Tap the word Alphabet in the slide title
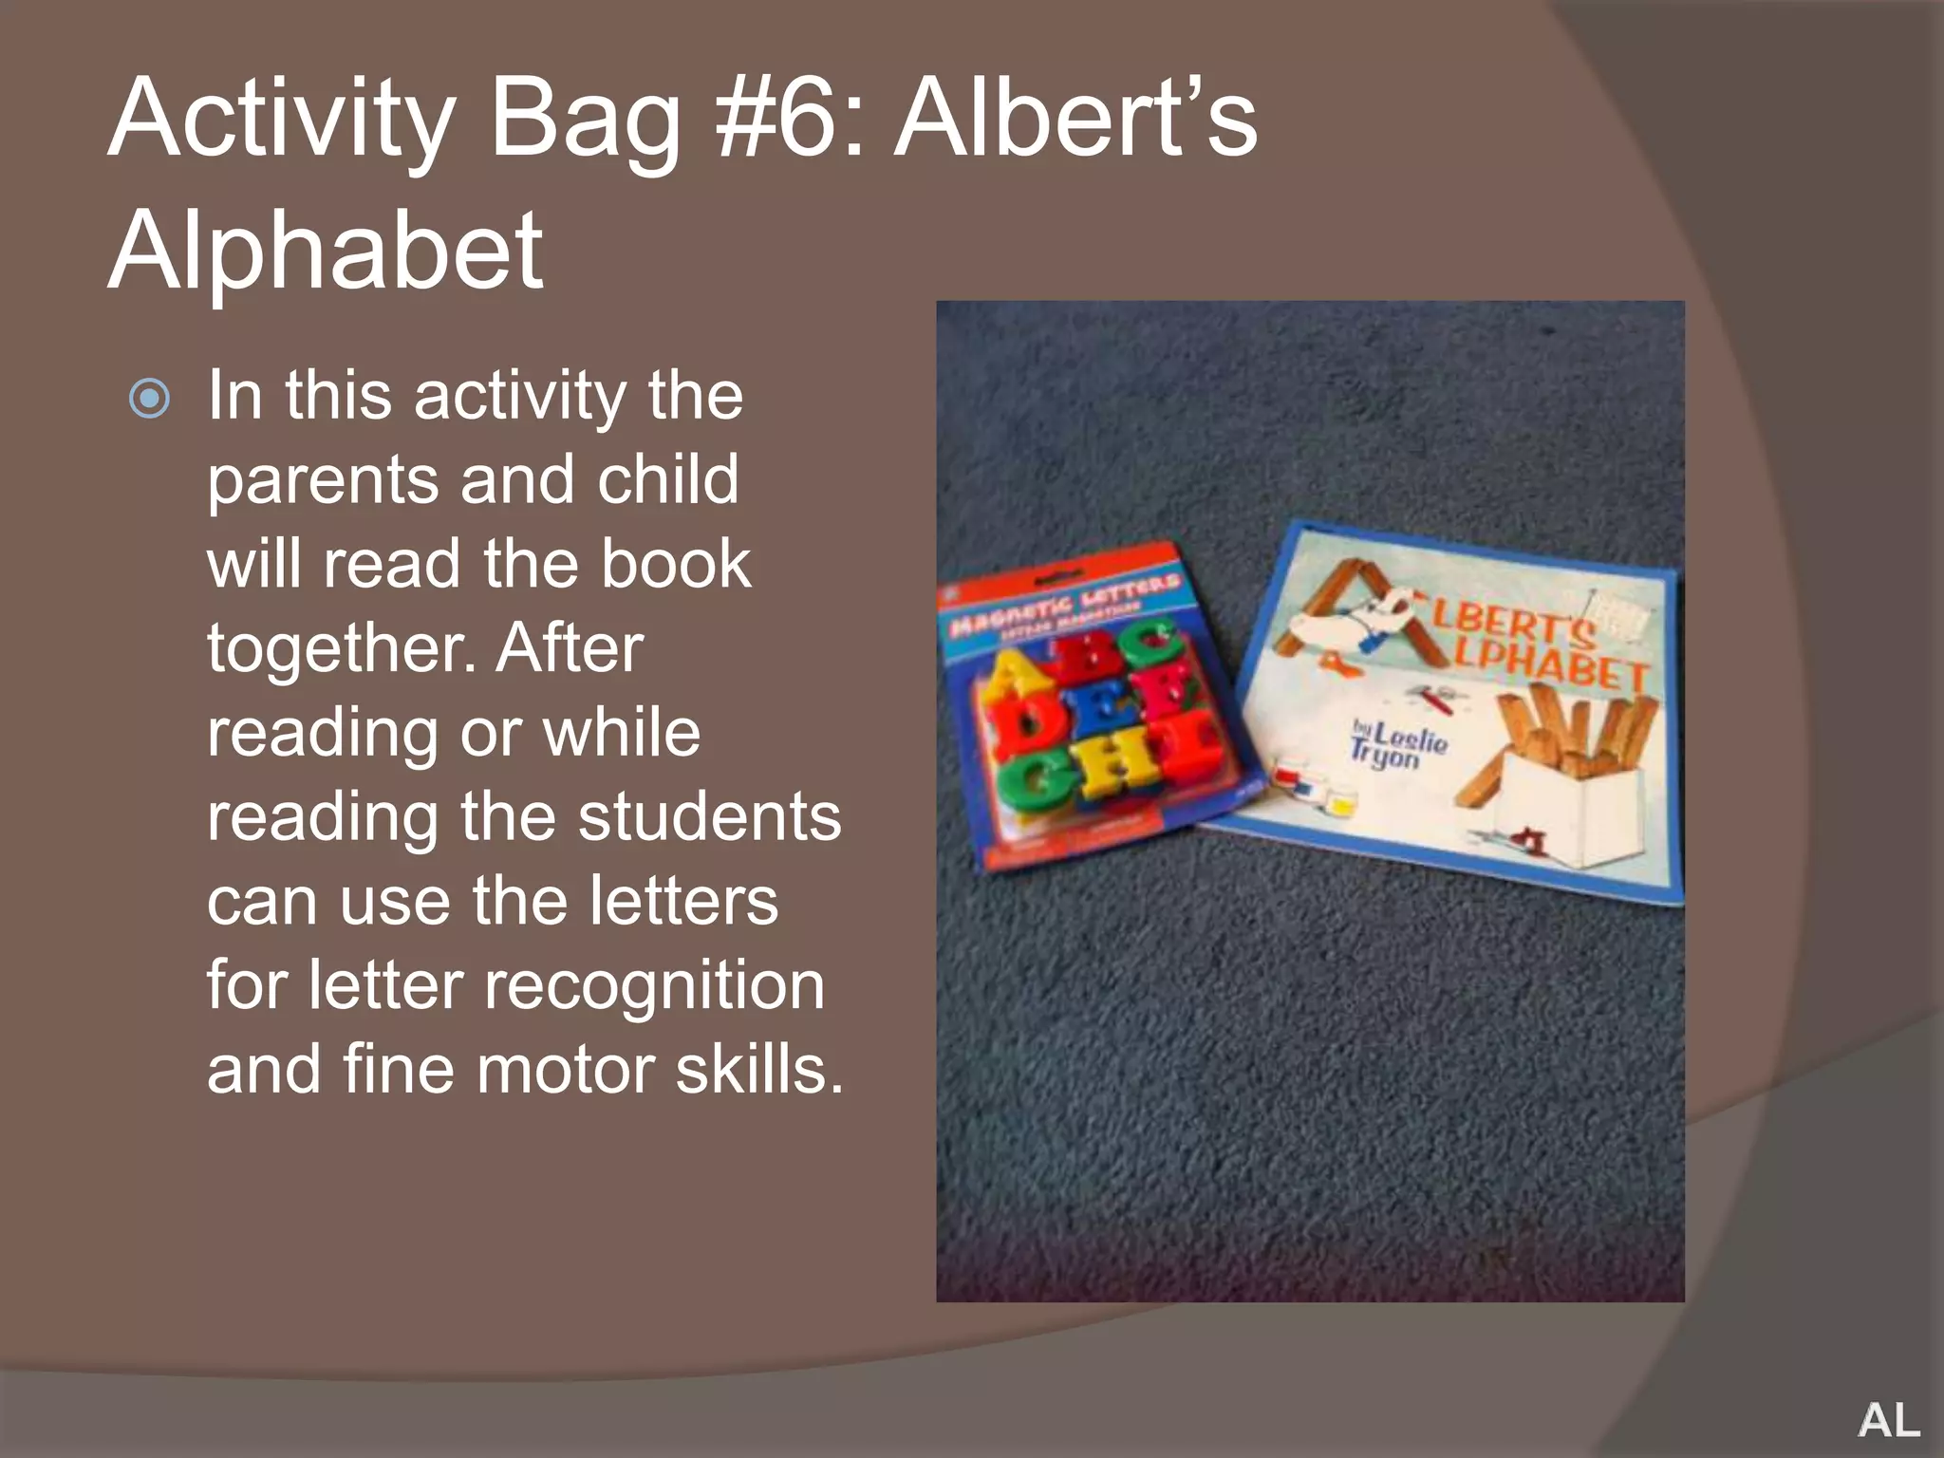(x=326, y=251)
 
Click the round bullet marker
(x=150, y=399)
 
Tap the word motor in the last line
(x=568, y=1070)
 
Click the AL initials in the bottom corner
(x=1888, y=1420)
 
